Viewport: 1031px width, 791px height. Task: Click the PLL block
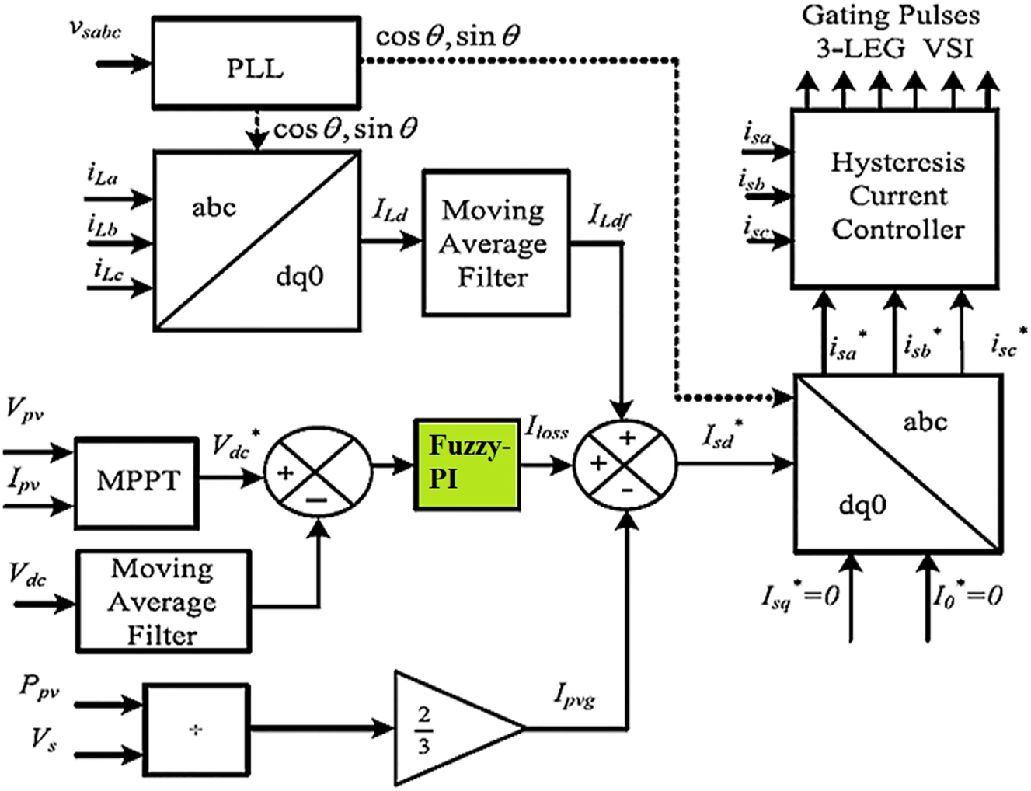[256, 63]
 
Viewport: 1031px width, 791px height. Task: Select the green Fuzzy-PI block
[466, 465]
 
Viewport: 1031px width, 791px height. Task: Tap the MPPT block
[137, 482]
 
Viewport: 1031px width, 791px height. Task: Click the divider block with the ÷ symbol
[196, 730]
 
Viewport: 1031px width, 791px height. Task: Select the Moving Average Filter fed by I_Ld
[495, 243]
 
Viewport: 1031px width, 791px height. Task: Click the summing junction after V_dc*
[317, 472]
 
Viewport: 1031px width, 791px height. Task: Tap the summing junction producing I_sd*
[625, 465]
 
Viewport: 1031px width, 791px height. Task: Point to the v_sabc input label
[95, 30]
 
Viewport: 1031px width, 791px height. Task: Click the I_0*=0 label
[967, 596]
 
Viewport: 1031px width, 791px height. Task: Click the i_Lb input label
[102, 226]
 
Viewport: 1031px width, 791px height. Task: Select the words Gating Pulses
[890, 16]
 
